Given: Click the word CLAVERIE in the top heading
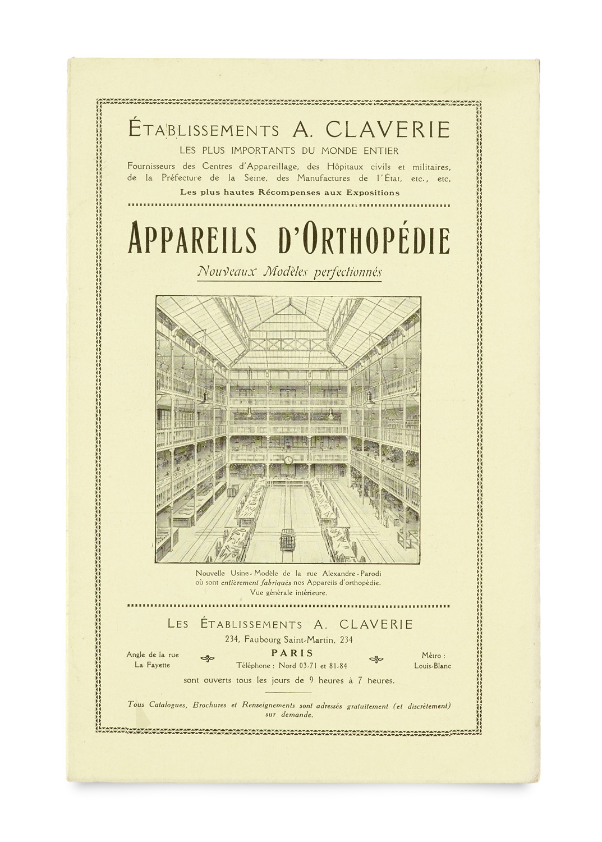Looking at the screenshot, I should (387, 130).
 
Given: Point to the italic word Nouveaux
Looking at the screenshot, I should (223, 272).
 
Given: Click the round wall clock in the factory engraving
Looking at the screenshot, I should (288, 460).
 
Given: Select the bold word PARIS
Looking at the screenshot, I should (292, 653).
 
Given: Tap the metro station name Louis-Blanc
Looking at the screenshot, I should (433, 666).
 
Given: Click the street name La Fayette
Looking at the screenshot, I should (152, 665).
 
